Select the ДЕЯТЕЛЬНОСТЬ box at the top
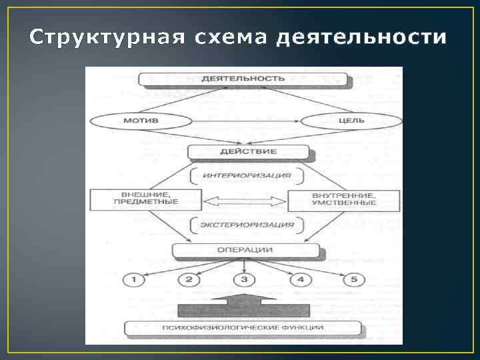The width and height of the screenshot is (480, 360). [244, 78]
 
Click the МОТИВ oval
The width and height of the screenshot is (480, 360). [141, 122]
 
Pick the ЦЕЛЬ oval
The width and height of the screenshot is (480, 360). [351, 122]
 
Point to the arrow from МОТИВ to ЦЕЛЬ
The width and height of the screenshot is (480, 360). [246, 122]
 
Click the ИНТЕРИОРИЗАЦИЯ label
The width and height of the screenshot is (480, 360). [246, 175]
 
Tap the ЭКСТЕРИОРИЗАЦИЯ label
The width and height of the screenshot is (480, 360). [246, 225]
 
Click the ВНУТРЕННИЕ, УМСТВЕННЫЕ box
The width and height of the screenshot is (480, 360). [343, 199]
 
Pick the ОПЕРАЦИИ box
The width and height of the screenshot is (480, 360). [245, 250]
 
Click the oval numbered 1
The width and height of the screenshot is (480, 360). [134, 279]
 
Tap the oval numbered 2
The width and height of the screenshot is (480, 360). [189, 279]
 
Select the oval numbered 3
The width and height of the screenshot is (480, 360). [245, 279]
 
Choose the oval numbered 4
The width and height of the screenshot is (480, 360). [301, 279]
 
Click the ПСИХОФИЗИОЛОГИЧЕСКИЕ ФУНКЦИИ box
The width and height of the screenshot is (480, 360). [244, 328]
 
